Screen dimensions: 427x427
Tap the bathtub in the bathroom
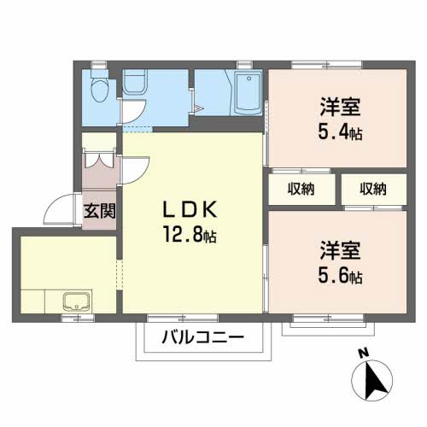(x=248, y=93)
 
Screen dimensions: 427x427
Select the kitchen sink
(x=78, y=301)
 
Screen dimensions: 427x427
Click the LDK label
(x=190, y=209)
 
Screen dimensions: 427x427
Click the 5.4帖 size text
(x=340, y=132)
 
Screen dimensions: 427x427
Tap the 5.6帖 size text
(x=340, y=276)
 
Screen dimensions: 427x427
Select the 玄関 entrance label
(x=99, y=211)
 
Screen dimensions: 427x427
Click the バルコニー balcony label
(x=203, y=337)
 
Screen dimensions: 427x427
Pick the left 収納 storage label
(x=301, y=189)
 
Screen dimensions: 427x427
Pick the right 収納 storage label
(x=373, y=189)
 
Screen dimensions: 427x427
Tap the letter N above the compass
(x=364, y=354)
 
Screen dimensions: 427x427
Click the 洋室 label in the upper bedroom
(x=340, y=107)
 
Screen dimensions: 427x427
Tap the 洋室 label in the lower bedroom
(x=340, y=250)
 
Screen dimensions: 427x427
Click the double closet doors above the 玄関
(x=99, y=161)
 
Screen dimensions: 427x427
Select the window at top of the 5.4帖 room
(x=326, y=65)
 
